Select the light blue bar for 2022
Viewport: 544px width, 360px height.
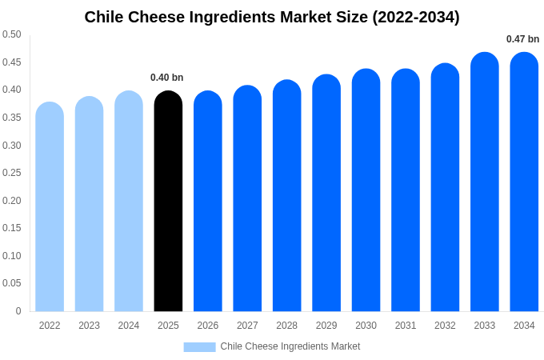click(50, 207)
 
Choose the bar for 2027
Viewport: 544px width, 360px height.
click(247, 199)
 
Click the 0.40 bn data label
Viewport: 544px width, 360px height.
click(167, 78)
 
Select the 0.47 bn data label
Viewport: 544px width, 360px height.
click(522, 39)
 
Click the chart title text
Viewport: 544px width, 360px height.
click(272, 17)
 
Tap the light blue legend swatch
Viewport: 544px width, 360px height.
click(199, 346)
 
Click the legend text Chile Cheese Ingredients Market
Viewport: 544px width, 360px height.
click(290, 346)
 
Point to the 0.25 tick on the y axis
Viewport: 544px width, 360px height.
click(11, 173)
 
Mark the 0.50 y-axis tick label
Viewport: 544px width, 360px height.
click(11, 34)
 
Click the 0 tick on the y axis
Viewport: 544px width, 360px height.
click(18, 311)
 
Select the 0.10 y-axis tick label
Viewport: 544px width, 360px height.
click(11, 256)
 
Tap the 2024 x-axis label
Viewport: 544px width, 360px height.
click(129, 326)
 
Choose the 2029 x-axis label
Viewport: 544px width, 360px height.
click(326, 326)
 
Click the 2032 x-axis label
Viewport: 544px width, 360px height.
click(445, 326)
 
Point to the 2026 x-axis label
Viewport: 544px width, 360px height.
click(208, 326)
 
